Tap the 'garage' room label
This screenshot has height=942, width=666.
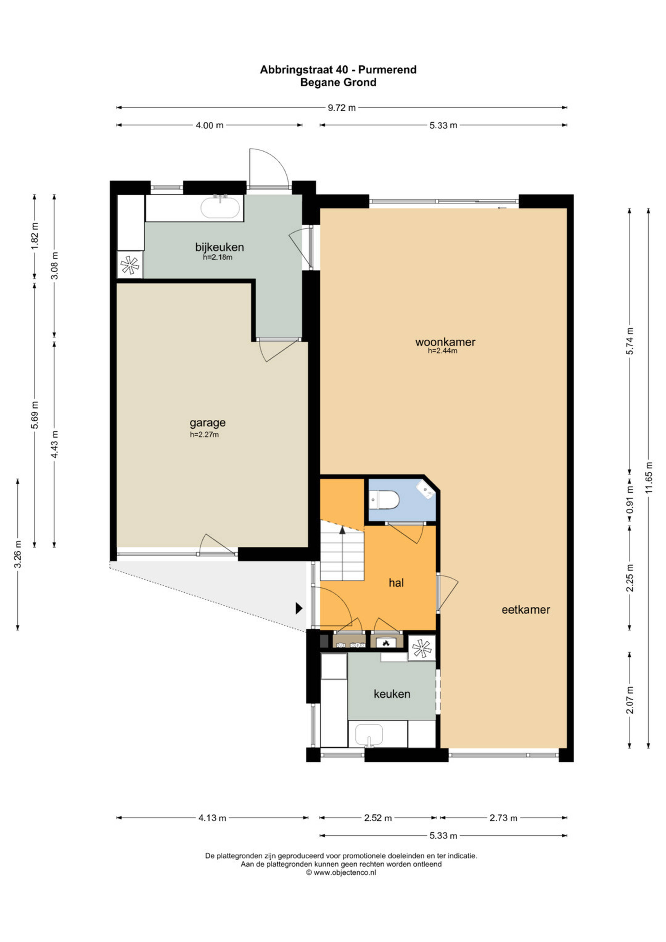(x=207, y=423)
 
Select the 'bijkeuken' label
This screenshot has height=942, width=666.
(x=219, y=247)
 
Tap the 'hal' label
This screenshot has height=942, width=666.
(x=396, y=583)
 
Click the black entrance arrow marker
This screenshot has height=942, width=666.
(x=299, y=608)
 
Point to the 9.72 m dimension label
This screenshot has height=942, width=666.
(x=342, y=108)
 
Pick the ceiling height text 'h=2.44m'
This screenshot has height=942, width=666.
(x=442, y=351)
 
